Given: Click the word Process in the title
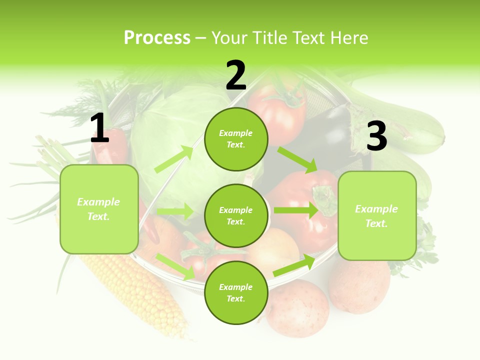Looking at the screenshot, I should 157,38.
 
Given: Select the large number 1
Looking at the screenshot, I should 99,128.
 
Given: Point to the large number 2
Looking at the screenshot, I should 236,75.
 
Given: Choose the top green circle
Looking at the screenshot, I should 236,139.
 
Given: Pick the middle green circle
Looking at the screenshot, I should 236,215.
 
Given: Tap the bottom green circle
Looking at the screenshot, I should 236,292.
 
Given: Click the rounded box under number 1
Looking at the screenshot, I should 99,209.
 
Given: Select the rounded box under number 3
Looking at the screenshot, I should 377,215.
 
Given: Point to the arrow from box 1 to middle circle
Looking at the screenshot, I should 175,211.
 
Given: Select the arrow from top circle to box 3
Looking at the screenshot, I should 298,159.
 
